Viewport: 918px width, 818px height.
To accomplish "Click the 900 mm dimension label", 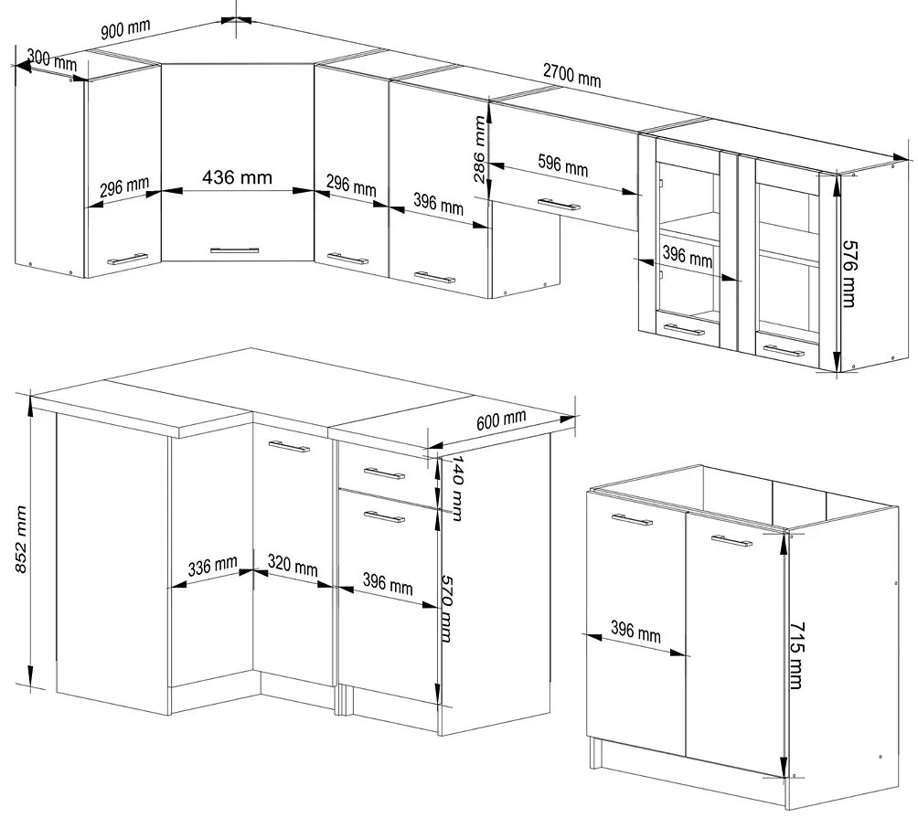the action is [125, 28].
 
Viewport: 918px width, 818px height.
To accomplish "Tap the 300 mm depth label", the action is [52, 59].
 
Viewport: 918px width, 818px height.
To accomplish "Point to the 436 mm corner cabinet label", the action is [237, 176].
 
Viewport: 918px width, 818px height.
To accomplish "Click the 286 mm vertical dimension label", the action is [479, 149].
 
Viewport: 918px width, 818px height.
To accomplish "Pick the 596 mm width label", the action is [562, 165].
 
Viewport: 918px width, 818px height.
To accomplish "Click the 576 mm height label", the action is [849, 274].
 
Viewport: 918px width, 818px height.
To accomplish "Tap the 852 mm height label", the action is [20, 539].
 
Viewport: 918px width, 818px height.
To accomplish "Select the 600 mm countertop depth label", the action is [500, 419].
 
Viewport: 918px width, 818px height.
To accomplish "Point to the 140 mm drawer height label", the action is [456, 489].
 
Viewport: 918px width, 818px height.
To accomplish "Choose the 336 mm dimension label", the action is [212, 566].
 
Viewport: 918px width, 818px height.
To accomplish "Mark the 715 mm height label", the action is [796, 655].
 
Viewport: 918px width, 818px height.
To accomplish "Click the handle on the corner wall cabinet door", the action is [234, 250].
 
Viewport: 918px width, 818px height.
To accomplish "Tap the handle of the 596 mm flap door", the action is [559, 204].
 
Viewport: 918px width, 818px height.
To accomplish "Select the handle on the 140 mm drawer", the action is [384, 473].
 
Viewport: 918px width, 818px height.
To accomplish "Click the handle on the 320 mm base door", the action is [289, 446].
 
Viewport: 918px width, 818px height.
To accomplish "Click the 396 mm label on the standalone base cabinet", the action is [635, 632].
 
